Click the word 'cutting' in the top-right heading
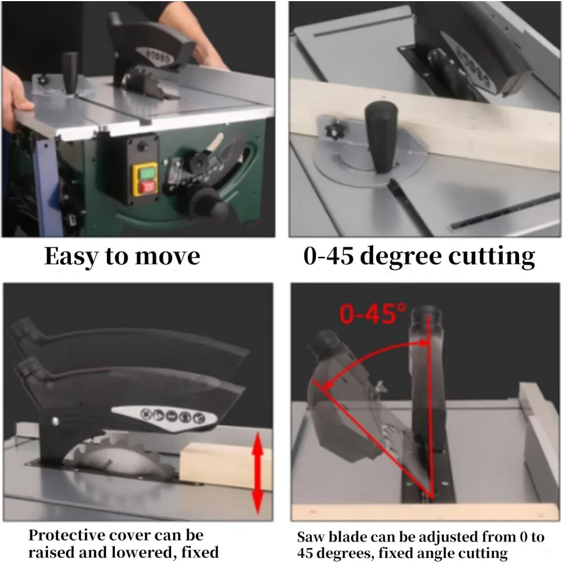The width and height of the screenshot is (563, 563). pos(491,257)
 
